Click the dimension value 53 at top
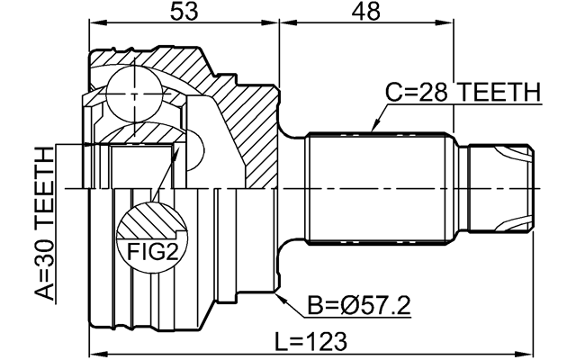click(184, 12)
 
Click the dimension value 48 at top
click(366, 12)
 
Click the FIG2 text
click(146, 251)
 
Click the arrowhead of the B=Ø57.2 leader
click(281, 294)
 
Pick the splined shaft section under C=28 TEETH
click(377, 189)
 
